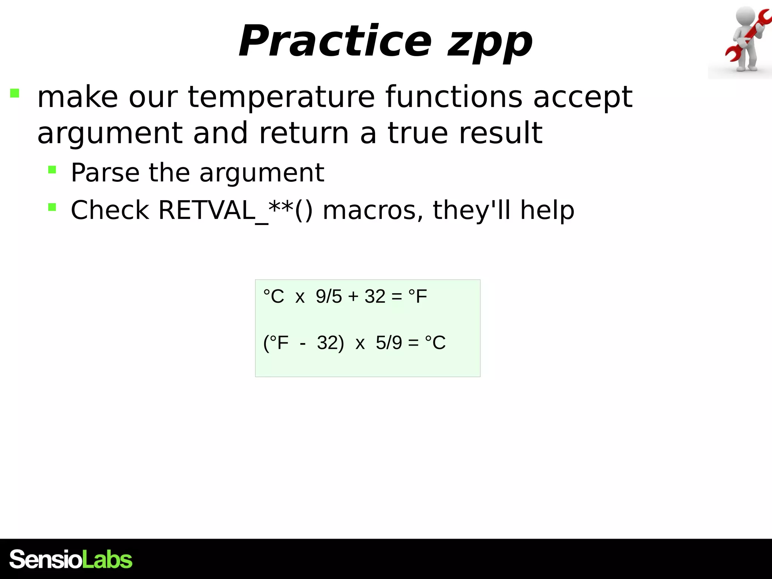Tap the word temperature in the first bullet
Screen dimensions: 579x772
(x=281, y=97)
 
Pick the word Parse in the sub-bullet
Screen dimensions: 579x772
(x=105, y=173)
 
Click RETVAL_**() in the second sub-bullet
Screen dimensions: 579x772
(x=235, y=210)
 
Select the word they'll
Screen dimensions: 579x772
(x=471, y=210)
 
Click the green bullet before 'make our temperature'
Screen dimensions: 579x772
(x=15, y=93)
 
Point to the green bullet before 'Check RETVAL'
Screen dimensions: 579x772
(x=52, y=207)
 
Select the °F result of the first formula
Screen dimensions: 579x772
(x=418, y=296)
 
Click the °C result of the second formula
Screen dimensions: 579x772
(x=435, y=343)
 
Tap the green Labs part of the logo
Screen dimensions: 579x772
(x=107, y=559)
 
